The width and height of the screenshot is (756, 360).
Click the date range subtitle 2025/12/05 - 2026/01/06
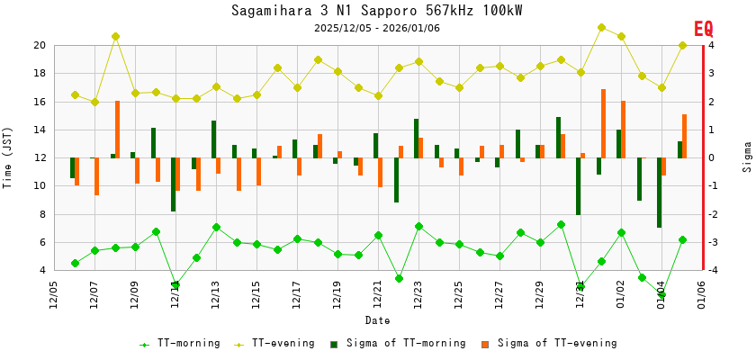(376, 28)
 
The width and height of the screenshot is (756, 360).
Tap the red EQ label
(703, 29)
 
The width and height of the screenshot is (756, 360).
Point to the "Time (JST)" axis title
(8, 157)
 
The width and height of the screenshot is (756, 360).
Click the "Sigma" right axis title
(747, 157)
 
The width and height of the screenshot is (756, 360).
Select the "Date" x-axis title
(377, 320)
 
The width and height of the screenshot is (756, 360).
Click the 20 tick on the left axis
(40, 45)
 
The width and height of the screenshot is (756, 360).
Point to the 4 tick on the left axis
(42, 270)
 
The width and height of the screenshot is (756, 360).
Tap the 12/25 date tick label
(459, 293)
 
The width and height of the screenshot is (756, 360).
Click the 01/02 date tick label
(621, 293)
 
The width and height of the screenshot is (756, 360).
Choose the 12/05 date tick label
(54, 293)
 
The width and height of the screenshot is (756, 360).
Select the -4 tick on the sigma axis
(711, 270)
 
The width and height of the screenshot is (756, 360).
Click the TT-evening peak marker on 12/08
(115, 36)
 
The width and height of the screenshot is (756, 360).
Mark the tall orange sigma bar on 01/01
(603, 123)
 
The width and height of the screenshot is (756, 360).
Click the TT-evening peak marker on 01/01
(601, 27)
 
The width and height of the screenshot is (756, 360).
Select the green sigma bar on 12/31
(579, 186)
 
